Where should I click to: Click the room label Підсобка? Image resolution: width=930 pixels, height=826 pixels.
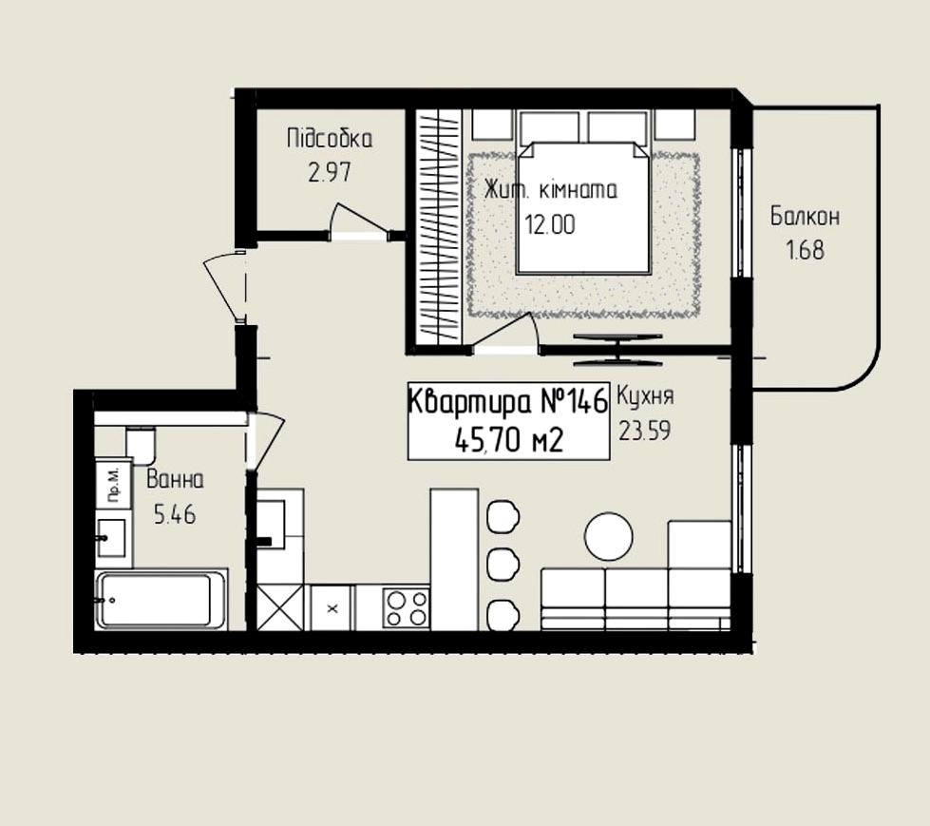[330, 139]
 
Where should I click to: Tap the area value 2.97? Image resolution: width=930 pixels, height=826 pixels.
[330, 172]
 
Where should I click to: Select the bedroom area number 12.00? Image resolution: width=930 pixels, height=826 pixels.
[550, 225]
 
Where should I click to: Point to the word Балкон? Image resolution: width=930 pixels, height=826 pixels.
[805, 217]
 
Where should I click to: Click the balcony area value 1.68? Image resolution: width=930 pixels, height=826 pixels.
[805, 250]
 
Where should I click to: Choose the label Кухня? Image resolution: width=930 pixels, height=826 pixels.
[645, 395]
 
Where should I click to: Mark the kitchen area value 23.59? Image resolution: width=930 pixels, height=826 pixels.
[645, 431]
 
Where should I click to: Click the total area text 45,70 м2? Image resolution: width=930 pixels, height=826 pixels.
[508, 440]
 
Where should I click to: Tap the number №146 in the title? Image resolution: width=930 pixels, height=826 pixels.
[574, 402]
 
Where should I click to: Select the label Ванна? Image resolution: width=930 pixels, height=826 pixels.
[175, 479]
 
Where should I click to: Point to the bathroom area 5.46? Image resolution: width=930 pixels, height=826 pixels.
[175, 514]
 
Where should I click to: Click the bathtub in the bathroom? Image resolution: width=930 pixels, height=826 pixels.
[161, 599]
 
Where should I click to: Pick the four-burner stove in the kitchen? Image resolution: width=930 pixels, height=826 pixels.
[407, 607]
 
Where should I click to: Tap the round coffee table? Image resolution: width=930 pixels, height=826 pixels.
[609, 536]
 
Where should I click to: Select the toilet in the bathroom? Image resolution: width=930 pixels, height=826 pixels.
[141, 444]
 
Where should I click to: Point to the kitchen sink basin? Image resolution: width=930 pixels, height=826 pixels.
[271, 525]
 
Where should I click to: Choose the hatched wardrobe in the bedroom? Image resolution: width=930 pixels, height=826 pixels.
[438, 226]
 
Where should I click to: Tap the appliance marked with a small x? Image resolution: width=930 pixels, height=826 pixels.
[332, 607]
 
